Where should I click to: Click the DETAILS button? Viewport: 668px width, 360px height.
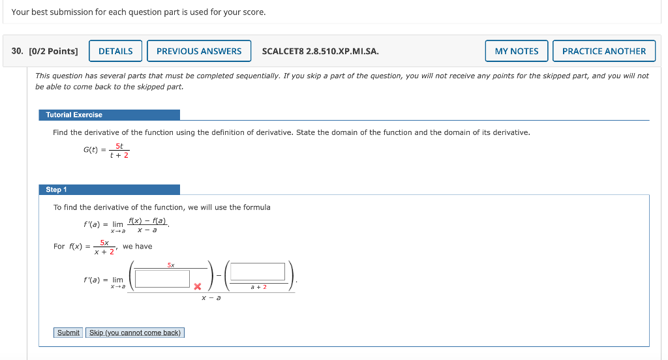click(x=115, y=51)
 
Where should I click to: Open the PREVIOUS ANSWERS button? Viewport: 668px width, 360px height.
click(x=199, y=51)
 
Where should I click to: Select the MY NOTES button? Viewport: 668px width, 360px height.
click(x=517, y=51)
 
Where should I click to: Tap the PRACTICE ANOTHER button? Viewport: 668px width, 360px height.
click(x=603, y=51)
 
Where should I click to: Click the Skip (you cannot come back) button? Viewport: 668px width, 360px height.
click(x=135, y=333)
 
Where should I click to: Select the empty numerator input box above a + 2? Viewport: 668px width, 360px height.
click(x=258, y=272)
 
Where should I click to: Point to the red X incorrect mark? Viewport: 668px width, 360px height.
click(x=196, y=286)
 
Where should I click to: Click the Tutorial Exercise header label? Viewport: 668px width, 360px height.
click(x=74, y=115)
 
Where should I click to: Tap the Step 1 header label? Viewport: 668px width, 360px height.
click(x=56, y=190)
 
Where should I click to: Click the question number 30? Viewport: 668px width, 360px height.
click(x=18, y=51)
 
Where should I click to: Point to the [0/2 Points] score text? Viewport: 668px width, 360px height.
click(x=53, y=51)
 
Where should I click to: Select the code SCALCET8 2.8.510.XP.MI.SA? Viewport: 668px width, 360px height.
click(x=320, y=51)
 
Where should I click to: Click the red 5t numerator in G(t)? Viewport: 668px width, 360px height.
click(x=119, y=146)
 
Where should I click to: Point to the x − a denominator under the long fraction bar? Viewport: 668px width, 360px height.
click(x=211, y=298)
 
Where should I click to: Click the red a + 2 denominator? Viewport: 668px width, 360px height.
click(x=259, y=287)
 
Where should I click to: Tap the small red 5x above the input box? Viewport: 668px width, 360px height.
click(x=170, y=265)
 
